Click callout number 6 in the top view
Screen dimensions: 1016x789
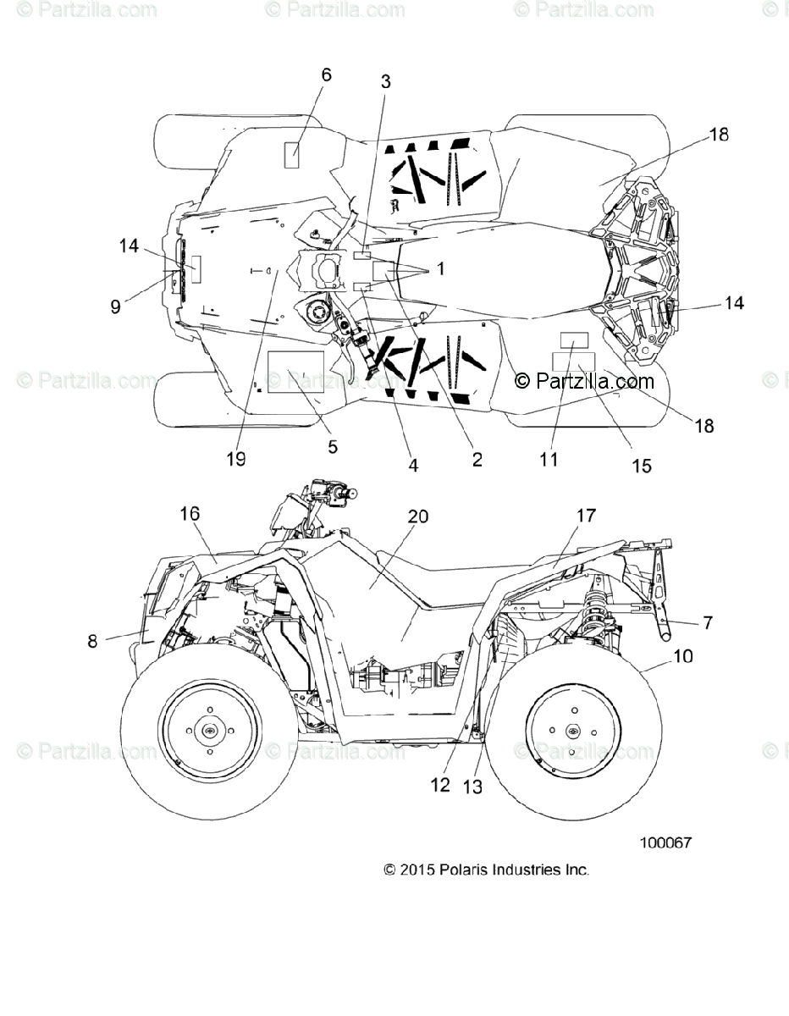tap(326, 75)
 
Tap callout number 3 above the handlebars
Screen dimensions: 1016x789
tap(385, 81)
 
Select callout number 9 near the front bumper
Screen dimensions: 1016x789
tap(116, 306)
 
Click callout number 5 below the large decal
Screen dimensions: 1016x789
tap(332, 446)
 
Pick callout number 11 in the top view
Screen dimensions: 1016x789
tap(549, 459)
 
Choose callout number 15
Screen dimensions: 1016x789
tap(642, 465)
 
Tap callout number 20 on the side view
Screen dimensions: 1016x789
tap(418, 516)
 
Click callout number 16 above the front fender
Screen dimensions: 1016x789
tap(190, 513)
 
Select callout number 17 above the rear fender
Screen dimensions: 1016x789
tap(586, 515)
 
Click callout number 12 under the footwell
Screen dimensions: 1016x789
tap(439, 784)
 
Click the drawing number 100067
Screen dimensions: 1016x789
tap(666, 842)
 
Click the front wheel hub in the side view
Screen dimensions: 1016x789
tap(207, 730)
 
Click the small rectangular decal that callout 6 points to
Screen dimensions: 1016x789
tap(291, 156)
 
